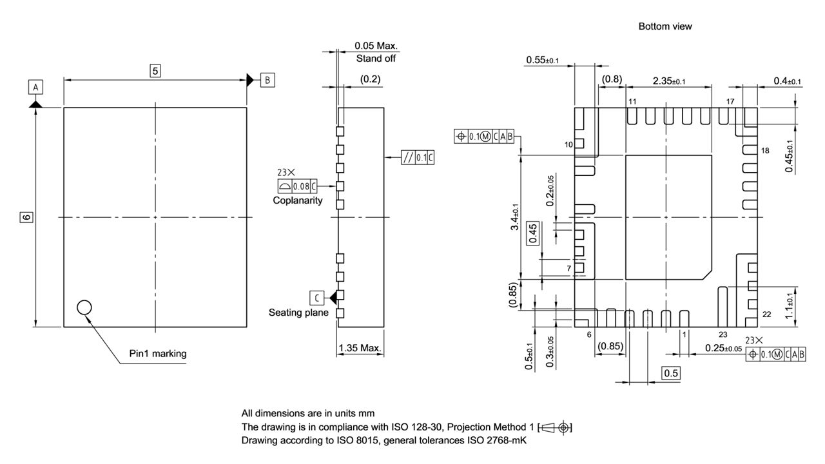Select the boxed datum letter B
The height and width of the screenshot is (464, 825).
(266, 80)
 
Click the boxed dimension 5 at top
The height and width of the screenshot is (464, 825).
(155, 71)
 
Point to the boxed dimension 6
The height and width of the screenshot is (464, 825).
(26, 217)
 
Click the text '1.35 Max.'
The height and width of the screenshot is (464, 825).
(360, 349)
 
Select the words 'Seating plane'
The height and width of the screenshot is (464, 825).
(298, 313)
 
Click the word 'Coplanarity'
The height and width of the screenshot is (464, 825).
(298, 200)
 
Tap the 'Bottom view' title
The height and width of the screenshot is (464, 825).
(665, 26)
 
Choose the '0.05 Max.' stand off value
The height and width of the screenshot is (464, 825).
(376, 46)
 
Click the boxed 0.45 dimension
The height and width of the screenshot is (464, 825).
(533, 233)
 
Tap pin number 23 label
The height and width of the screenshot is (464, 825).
(723, 334)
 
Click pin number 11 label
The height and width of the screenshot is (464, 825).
(632, 102)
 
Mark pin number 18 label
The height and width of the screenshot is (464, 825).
(765, 150)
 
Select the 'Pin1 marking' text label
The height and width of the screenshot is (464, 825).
(158, 353)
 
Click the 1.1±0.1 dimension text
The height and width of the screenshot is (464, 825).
(788, 308)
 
